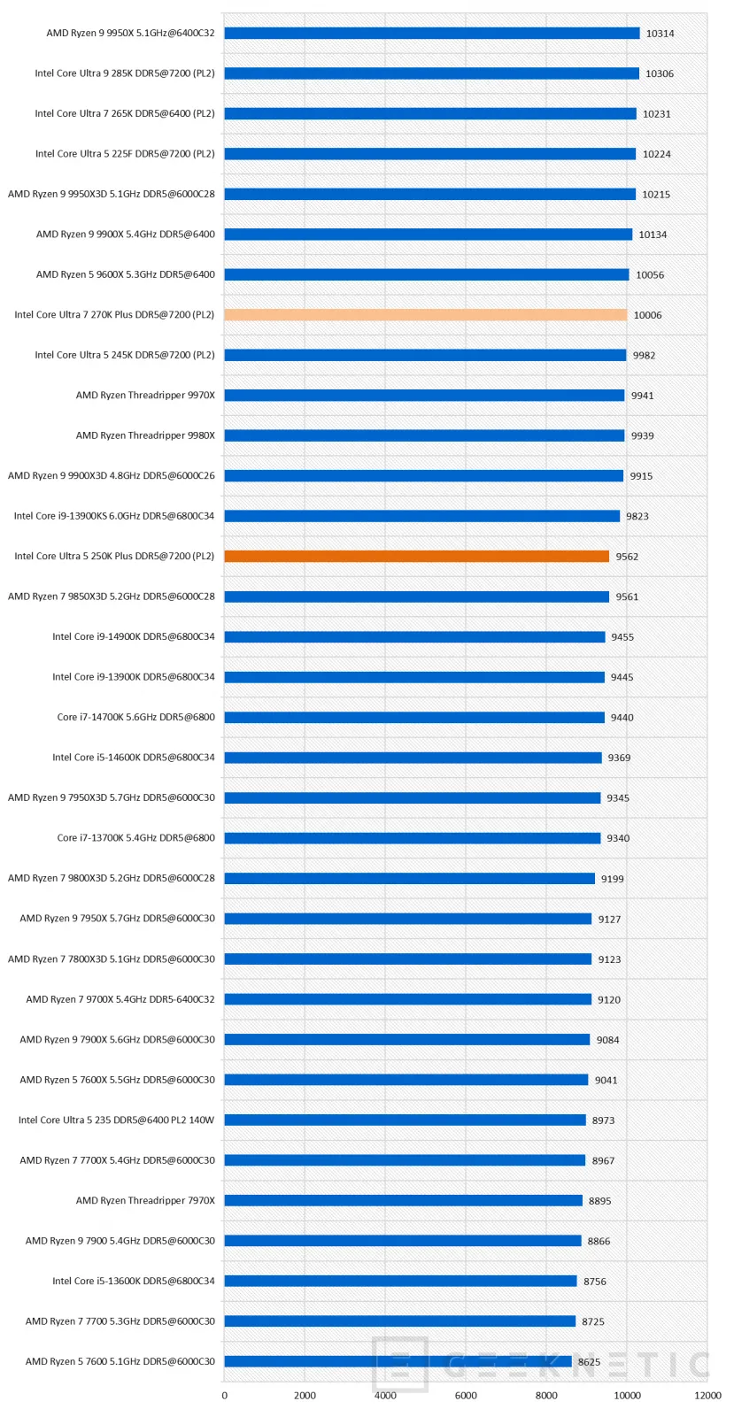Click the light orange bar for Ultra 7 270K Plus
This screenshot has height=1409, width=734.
pos(425,315)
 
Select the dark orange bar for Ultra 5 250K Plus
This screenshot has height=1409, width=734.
pos(416,557)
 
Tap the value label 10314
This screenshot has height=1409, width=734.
pos(660,34)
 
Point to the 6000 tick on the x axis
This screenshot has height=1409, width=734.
pos(466,1396)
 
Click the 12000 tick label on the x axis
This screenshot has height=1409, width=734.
pos(707,1396)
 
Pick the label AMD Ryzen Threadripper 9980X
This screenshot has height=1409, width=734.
pos(145,435)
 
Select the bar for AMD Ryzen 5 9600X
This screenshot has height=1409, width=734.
pos(426,274)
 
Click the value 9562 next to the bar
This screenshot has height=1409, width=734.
pos(627,557)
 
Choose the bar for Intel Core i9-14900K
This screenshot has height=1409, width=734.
pos(414,637)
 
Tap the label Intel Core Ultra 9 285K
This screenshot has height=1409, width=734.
pos(125,73)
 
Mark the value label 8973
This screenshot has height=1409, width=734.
pos(603,1120)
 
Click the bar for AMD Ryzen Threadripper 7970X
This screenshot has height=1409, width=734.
pos(403,1201)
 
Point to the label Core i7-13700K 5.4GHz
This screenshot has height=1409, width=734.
pos(135,838)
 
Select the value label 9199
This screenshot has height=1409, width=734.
pos(612,879)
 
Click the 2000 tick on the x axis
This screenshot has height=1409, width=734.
pos(305,1396)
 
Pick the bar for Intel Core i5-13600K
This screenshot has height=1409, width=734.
pos(400,1282)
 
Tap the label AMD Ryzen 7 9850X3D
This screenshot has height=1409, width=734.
pos(112,597)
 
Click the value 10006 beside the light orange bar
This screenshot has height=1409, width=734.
pos(647,315)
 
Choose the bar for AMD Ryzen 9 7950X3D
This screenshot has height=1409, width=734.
pos(412,798)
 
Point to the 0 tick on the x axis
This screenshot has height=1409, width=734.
pos(224,1396)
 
